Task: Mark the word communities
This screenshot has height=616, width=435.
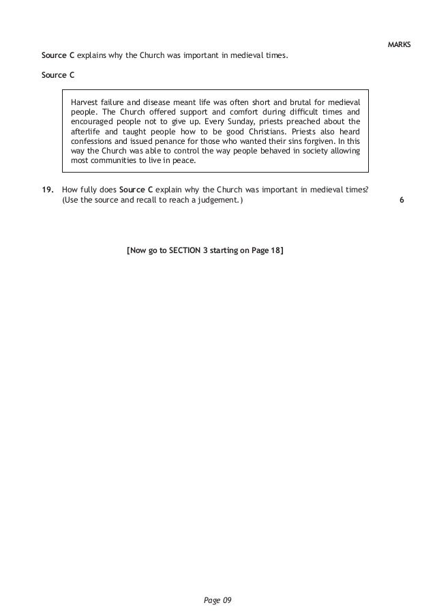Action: (x=114, y=162)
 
